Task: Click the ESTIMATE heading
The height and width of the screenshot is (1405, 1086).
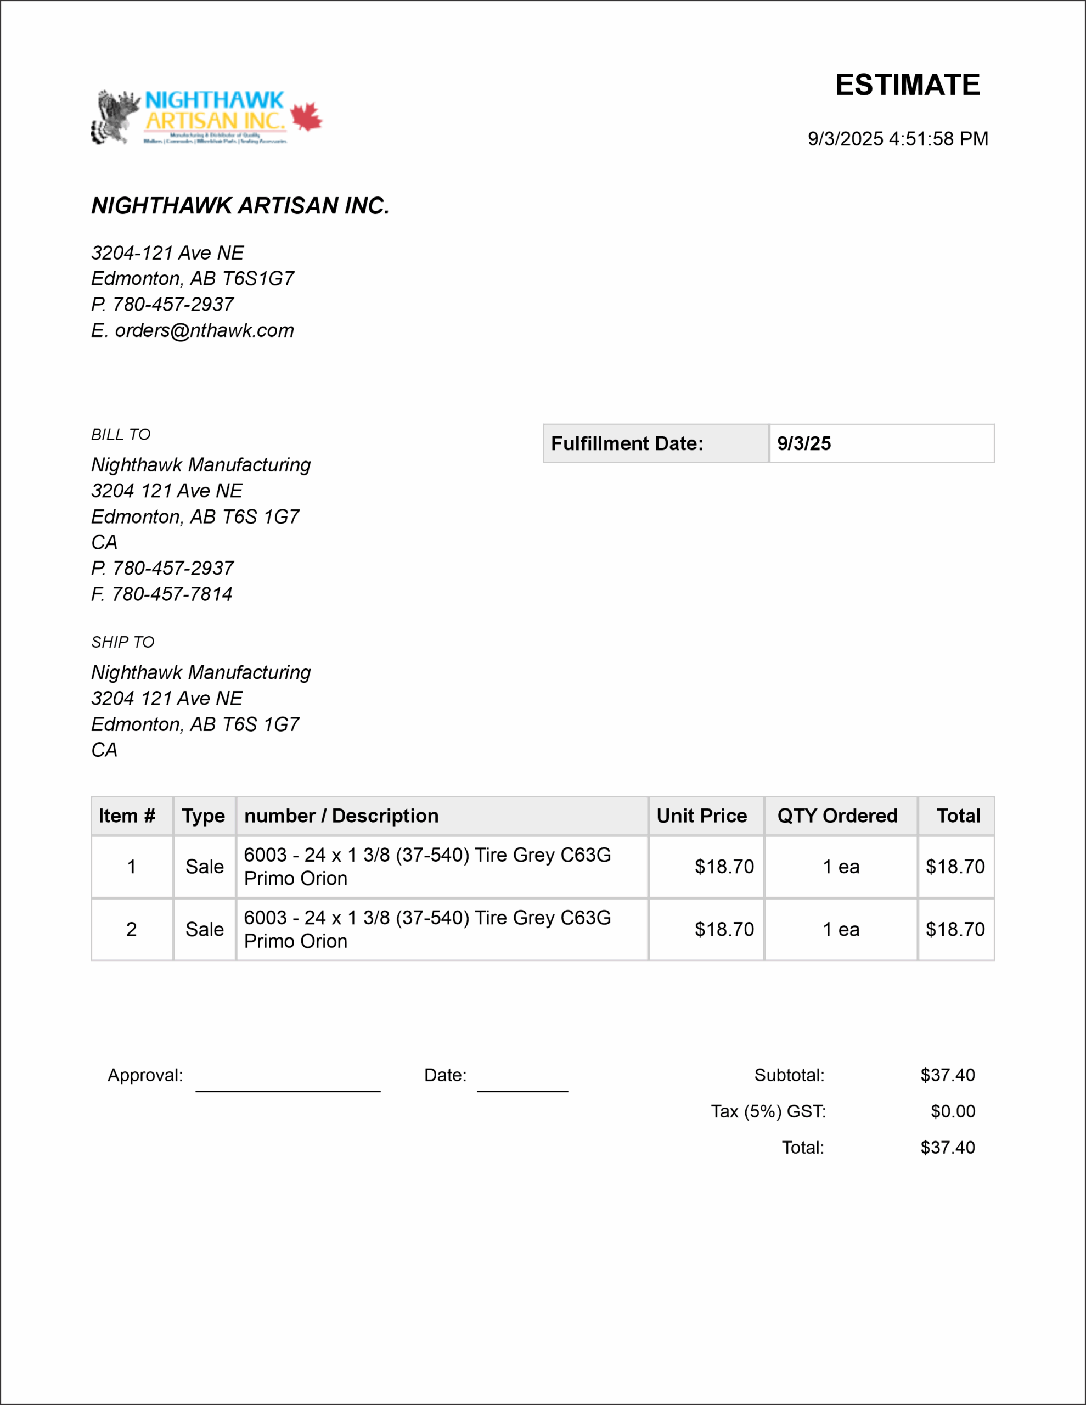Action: point(907,85)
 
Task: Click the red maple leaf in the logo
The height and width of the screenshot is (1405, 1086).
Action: point(306,116)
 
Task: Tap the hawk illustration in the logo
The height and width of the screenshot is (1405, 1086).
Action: point(115,116)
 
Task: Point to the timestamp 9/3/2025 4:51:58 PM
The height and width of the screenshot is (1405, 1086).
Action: point(897,139)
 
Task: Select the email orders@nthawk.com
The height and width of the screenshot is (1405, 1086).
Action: point(204,330)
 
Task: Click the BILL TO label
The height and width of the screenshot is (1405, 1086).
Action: point(121,435)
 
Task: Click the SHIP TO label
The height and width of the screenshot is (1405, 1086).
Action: point(123,642)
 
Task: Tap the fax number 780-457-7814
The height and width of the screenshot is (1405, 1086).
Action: point(172,594)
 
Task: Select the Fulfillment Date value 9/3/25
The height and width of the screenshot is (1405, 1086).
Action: point(803,443)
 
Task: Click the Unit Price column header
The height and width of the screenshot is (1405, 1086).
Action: point(701,816)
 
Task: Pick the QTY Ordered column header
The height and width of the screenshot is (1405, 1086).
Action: point(837,816)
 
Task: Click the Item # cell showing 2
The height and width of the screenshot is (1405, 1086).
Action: point(131,930)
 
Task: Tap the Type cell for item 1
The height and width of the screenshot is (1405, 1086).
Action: point(205,867)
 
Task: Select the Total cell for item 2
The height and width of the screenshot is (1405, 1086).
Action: point(955,930)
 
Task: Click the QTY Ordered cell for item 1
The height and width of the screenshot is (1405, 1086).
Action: point(841,867)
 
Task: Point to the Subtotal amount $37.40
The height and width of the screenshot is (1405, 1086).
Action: point(947,1075)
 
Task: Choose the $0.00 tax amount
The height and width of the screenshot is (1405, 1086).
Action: point(952,1111)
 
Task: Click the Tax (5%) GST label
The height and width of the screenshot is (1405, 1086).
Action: point(768,1111)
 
